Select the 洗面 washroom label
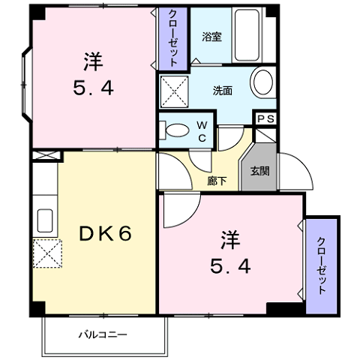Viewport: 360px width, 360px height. pyautogui.click(x=222, y=90)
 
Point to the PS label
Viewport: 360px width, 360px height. pyautogui.click(x=265, y=119)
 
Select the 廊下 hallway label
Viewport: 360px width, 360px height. pyautogui.click(x=218, y=180)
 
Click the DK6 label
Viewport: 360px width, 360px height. pyautogui.click(x=106, y=232)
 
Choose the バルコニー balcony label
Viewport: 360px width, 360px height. pyautogui.click(x=103, y=334)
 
